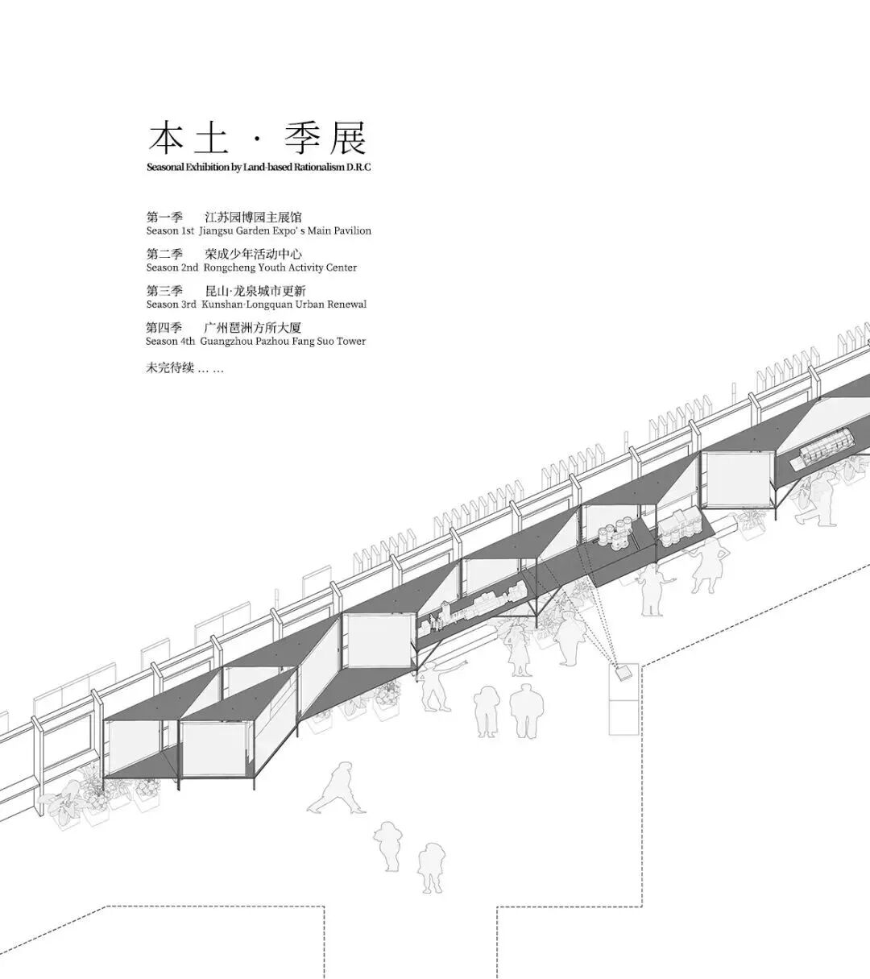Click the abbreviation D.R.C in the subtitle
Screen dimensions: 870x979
[358, 168]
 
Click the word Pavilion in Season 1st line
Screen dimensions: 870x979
[350, 231]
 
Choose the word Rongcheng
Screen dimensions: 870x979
[228, 268]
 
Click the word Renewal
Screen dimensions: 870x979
[346, 305]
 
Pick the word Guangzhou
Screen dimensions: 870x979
[227, 342]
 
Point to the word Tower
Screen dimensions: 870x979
[350, 342]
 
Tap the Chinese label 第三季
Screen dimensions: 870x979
[164, 291]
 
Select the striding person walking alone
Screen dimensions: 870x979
[339, 788]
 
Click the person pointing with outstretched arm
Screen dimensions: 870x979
[435, 686]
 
